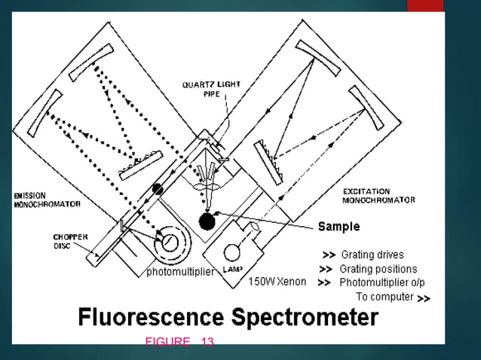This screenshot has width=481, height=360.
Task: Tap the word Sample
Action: (339, 226)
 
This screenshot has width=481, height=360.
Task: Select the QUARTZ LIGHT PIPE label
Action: (212, 90)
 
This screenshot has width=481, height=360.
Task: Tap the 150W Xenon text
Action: (278, 282)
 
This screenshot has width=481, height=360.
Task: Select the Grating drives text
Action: (372, 255)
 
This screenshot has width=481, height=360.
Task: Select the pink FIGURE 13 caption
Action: (179, 343)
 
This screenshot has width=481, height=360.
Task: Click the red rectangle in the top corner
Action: (425, 5)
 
